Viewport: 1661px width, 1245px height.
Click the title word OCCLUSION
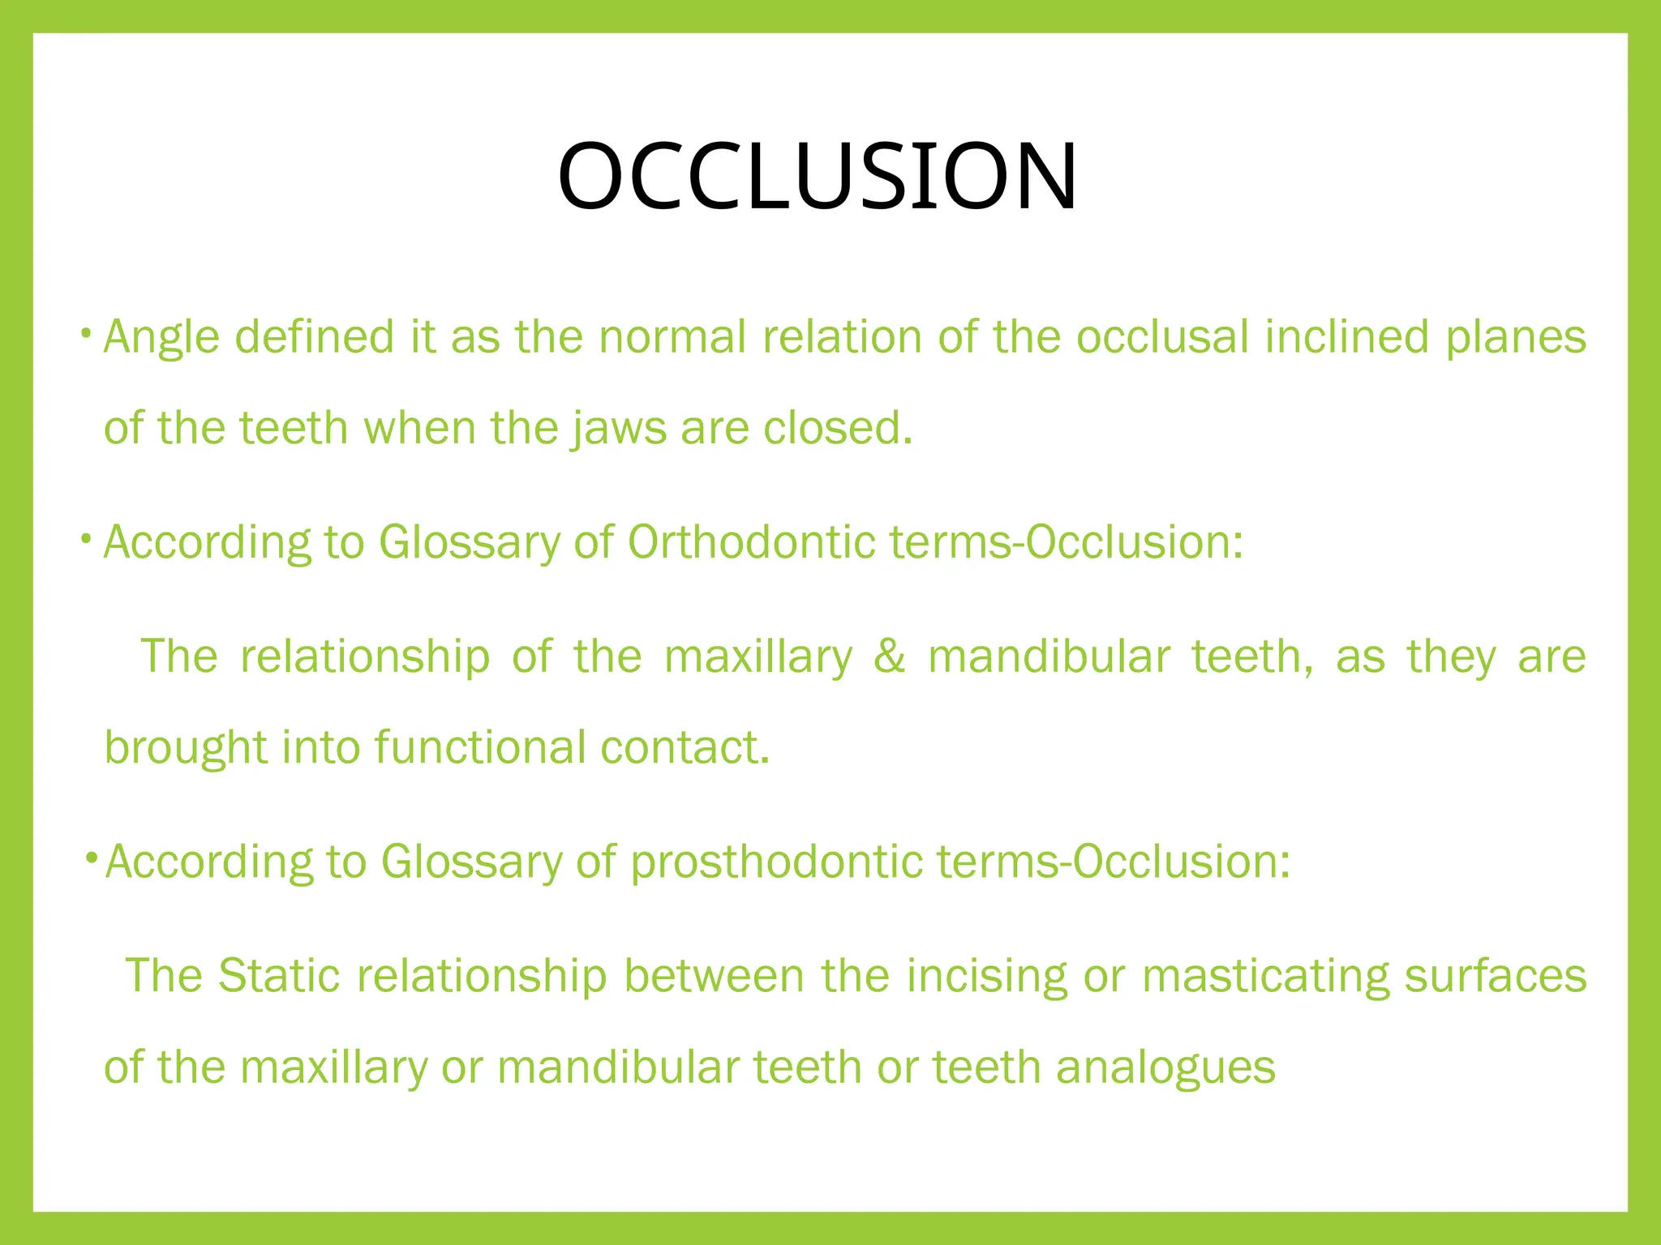pos(818,177)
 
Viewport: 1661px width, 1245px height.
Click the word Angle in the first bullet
pos(161,337)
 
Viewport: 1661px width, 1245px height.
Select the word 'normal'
pos(672,337)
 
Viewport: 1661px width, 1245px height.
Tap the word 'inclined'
pos(1346,337)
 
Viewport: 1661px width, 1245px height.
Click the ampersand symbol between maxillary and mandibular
pos(890,657)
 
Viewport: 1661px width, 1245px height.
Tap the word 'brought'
pos(186,747)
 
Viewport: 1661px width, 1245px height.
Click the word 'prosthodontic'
pos(776,861)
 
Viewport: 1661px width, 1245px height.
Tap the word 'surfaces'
pos(1496,975)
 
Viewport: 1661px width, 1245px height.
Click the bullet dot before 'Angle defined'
pos(85,333)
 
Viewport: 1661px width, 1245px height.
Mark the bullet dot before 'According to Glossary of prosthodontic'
pos(92,857)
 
